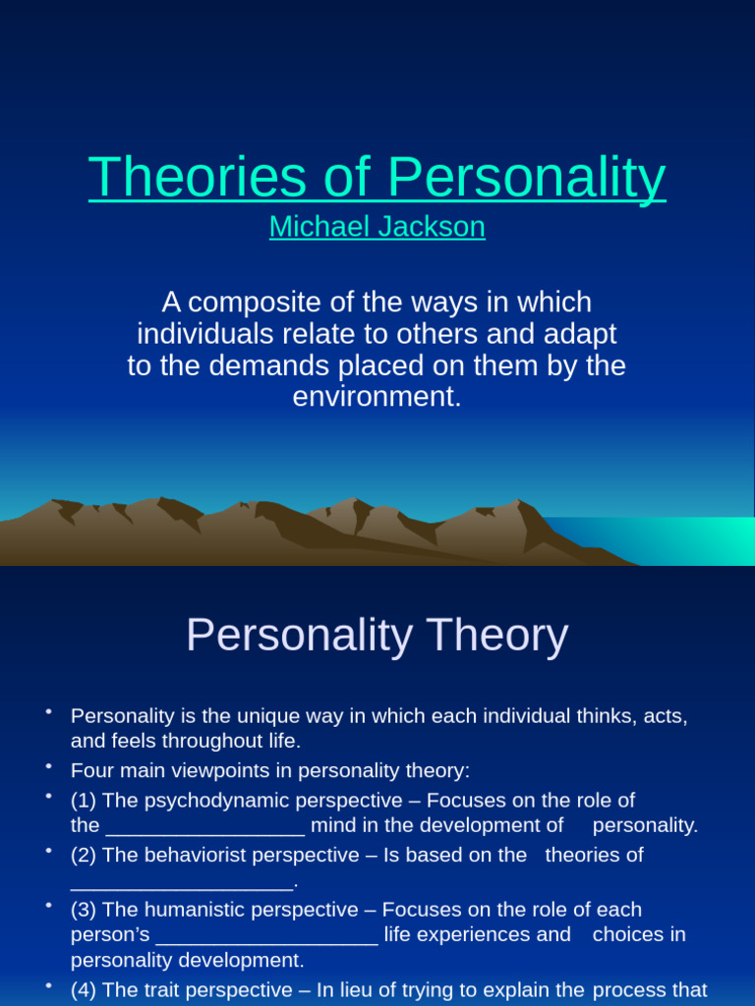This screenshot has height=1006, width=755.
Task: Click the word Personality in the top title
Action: (x=526, y=177)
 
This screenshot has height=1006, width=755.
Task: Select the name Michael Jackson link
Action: (x=377, y=227)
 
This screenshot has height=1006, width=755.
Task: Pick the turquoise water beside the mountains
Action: (x=678, y=540)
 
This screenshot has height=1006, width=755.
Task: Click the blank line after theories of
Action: (x=182, y=883)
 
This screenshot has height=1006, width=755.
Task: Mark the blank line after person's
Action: (x=266, y=936)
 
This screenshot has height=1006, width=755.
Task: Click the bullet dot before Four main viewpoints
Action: (x=47, y=764)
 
